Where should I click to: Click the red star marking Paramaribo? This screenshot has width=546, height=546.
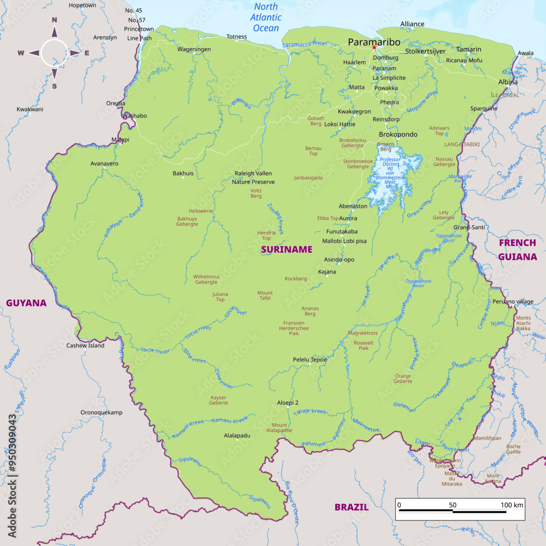(374, 48)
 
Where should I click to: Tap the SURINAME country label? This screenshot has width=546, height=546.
(287, 250)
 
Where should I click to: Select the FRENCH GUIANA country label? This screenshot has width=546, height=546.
(517, 249)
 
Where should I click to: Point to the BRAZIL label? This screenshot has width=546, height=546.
(352, 507)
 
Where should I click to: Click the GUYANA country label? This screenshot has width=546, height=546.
(26, 303)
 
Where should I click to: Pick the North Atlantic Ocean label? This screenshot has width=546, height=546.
(266, 17)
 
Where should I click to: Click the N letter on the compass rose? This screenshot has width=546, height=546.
(55, 20)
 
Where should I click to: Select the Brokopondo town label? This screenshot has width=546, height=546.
(398, 134)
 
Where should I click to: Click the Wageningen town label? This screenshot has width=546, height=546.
(194, 49)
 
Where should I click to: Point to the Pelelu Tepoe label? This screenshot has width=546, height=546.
(310, 360)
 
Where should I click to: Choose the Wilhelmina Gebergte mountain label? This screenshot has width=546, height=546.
(206, 280)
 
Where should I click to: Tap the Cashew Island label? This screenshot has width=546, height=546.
(85, 346)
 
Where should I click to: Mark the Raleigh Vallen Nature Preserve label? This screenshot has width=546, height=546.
(253, 177)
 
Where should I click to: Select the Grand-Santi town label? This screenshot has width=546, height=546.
(469, 227)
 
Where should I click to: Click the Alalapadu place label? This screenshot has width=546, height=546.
(237, 436)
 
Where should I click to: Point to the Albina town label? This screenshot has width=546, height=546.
(508, 82)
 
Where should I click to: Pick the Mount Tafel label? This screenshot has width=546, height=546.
(265, 296)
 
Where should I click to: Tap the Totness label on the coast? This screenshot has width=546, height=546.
(237, 37)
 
